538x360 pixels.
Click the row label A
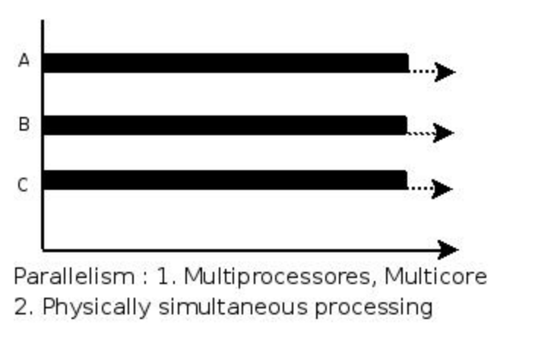click(24, 61)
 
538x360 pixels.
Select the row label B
click(24, 124)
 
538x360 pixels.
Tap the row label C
click(23, 185)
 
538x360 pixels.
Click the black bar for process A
click(226, 63)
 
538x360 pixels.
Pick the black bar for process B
click(225, 125)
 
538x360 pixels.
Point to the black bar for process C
click(225, 180)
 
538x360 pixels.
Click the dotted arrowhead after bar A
click(445, 72)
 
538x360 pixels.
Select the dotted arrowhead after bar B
click(444, 133)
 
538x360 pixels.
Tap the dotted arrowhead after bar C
click(442, 188)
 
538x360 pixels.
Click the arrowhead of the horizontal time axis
click(449, 250)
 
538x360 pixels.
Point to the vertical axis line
click(43, 135)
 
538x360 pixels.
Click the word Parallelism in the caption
click(74, 276)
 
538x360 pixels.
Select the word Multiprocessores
click(277, 277)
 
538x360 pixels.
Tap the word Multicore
click(435, 276)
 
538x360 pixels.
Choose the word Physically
click(97, 307)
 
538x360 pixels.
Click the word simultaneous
click(233, 307)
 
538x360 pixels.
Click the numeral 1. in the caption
click(167, 276)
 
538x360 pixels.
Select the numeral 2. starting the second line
click(24, 307)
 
